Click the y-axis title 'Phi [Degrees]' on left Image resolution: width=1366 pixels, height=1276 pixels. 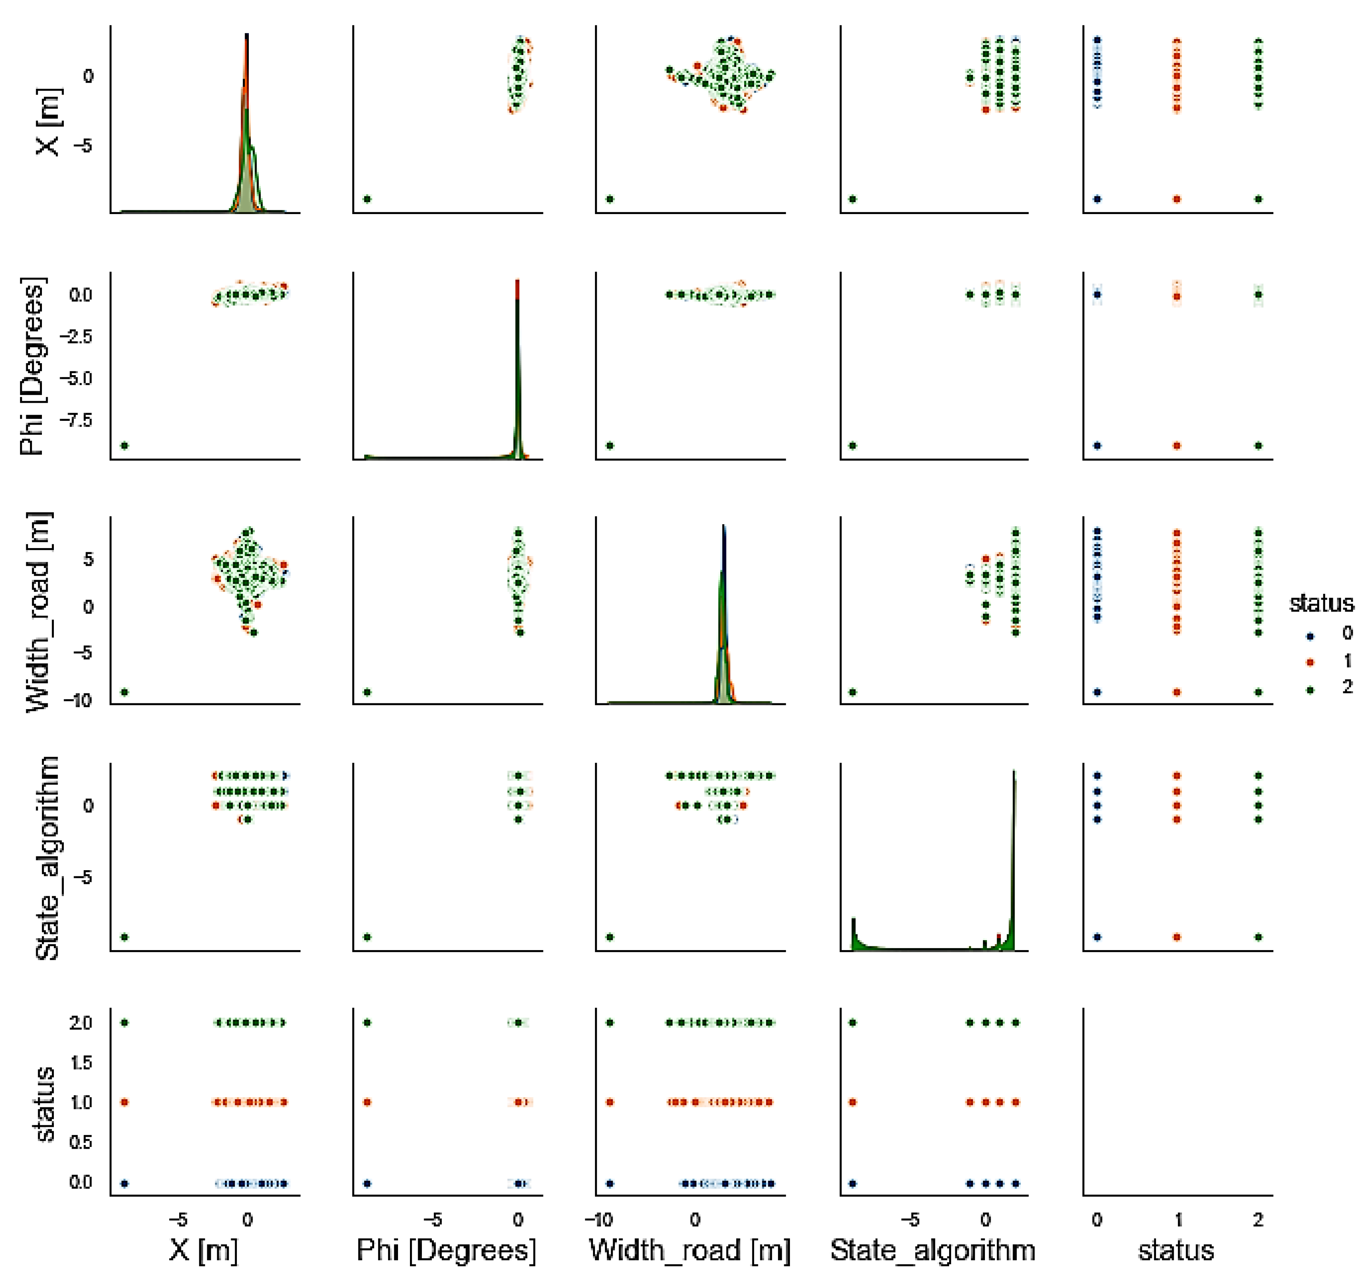point(32,366)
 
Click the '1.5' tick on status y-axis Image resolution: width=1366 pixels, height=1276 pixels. point(80,1062)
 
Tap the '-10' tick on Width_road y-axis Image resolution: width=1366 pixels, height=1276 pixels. point(78,701)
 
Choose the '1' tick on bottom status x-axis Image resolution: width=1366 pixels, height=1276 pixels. point(1178,1220)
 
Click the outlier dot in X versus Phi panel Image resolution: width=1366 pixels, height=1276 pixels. point(367,199)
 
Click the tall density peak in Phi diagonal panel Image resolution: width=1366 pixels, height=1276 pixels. point(517,282)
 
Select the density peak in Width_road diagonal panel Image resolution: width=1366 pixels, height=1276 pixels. point(723,527)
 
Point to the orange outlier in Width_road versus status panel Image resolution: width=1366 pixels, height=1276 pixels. point(1177,692)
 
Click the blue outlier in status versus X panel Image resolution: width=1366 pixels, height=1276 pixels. point(124,1183)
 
